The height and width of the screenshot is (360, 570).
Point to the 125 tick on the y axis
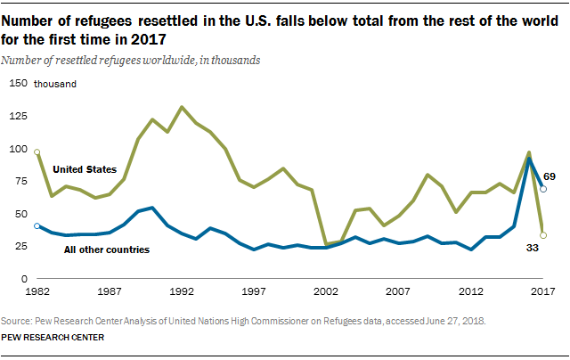[x=18, y=116]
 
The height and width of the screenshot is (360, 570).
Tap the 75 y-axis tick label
[x=20, y=182]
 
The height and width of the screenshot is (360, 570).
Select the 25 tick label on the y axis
[x=20, y=247]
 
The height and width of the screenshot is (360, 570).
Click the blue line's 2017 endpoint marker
[x=543, y=189]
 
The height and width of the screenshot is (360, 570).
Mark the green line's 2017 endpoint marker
[x=543, y=236]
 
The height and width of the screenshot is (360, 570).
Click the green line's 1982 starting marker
[x=37, y=151]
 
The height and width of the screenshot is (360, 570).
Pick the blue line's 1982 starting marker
[x=37, y=226]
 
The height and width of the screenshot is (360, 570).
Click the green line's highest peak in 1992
[x=183, y=107]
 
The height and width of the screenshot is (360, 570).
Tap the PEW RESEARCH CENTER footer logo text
[x=53, y=338]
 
